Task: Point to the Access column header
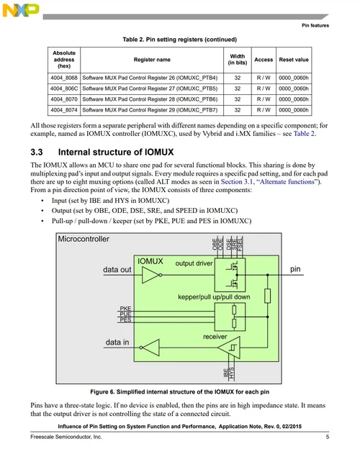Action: (264, 60)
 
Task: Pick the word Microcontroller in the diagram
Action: (84, 239)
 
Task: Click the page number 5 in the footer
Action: (327, 437)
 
